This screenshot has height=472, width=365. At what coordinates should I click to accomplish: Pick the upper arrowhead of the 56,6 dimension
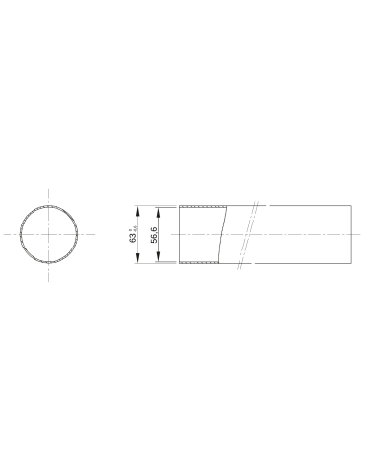pyautogui.click(x=160, y=210)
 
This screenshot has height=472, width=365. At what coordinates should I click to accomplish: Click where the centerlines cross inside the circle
pyautogui.click(x=51, y=234)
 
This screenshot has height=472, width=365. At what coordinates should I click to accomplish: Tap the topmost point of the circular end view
pyautogui.click(x=51, y=205)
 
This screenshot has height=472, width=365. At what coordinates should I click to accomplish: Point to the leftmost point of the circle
pyautogui.click(x=22, y=234)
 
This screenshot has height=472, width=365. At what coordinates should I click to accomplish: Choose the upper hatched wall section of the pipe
pyautogui.click(x=202, y=207)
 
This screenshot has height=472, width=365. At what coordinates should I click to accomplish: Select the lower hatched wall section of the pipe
pyautogui.click(x=200, y=261)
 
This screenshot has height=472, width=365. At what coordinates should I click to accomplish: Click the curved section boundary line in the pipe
pyautogui.click(x=226, y=234)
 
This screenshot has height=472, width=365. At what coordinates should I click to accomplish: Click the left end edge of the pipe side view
pyautogui.click(x=179, y=234)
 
